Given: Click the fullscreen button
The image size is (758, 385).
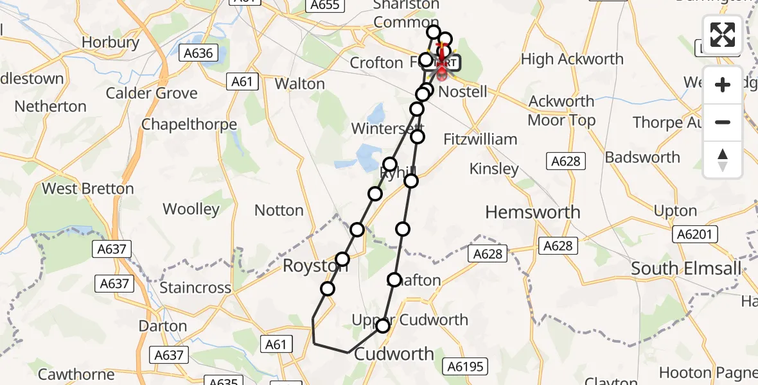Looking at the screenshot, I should click(x=723, y=34).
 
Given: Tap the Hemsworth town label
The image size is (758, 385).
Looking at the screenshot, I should click(x=533, y=212).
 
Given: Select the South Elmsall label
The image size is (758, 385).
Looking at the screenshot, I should click(x=686, y=268).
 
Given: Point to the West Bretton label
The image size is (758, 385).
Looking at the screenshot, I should click(x=87, y=189).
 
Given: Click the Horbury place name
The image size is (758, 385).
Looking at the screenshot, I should click(x=110, y=43).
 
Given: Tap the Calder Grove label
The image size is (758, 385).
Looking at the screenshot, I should click(x=152, y=93).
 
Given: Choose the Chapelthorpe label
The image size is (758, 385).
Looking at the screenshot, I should click(x=189, y=124).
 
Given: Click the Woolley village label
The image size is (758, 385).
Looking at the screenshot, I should click(x=191, y=209).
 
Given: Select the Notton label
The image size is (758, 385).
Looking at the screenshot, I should click(x=279, y=210).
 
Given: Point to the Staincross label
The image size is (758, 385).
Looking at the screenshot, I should click(x=195, y=287).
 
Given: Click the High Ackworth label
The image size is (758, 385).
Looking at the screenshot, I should click(x=572, y=60).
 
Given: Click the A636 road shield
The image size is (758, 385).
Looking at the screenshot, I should click(x=198, y=53).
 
